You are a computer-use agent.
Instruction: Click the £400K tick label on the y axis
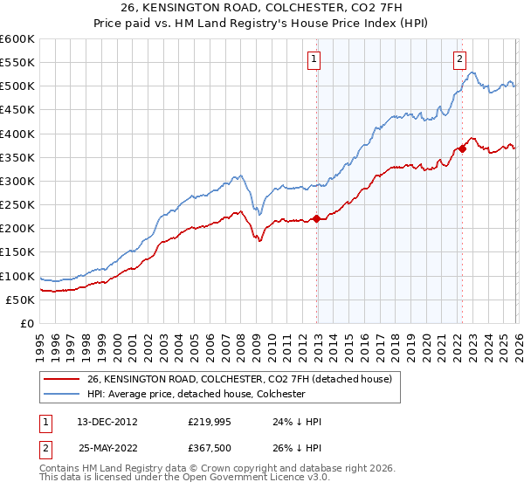17,134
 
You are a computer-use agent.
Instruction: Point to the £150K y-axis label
17,252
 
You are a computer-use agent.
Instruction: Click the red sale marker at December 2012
316,218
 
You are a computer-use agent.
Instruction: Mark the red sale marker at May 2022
462,149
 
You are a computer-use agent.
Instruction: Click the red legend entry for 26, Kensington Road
244,379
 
